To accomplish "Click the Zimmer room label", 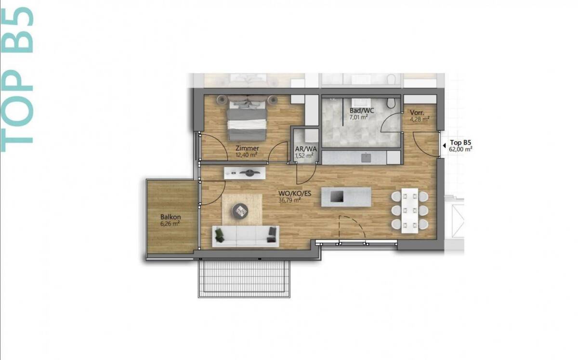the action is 247,148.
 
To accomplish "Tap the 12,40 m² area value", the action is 247,155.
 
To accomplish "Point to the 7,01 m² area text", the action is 359,117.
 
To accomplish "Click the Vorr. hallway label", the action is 417,113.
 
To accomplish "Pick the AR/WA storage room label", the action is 306,149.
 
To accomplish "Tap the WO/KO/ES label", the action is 295,193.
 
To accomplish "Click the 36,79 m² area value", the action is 290,200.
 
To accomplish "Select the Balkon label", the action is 171,217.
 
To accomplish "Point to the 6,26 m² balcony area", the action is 170,224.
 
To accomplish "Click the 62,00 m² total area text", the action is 460,149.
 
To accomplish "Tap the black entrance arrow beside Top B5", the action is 444,146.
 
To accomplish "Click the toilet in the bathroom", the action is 391,103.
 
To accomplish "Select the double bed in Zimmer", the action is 247,118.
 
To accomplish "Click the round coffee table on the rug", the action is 240,211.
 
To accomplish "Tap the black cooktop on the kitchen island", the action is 337,196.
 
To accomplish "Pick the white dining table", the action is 410,211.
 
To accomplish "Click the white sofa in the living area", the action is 246,236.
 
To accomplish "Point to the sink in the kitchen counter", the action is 366,157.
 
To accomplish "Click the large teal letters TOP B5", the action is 17,80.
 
